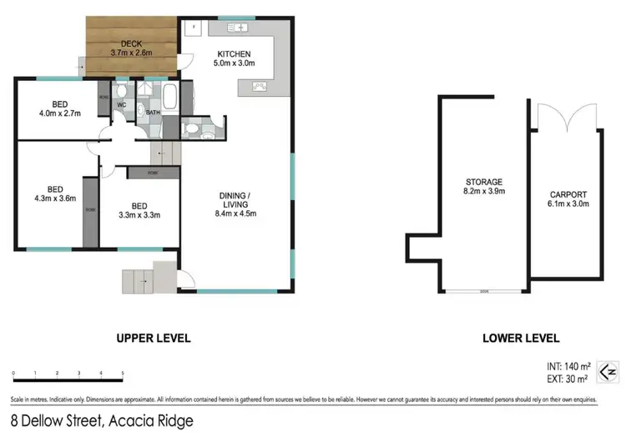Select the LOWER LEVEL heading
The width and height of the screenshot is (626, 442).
point(521,338)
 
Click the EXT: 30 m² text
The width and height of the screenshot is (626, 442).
point(568,378)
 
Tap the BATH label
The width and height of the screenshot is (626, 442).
point(153,112)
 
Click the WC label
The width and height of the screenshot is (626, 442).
point(120,105)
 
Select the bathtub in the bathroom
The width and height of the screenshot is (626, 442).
point(169,98)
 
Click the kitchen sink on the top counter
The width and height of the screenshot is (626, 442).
point(241,28)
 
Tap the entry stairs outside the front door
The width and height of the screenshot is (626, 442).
point(139,279)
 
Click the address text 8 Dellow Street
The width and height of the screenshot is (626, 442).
point(102,421)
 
